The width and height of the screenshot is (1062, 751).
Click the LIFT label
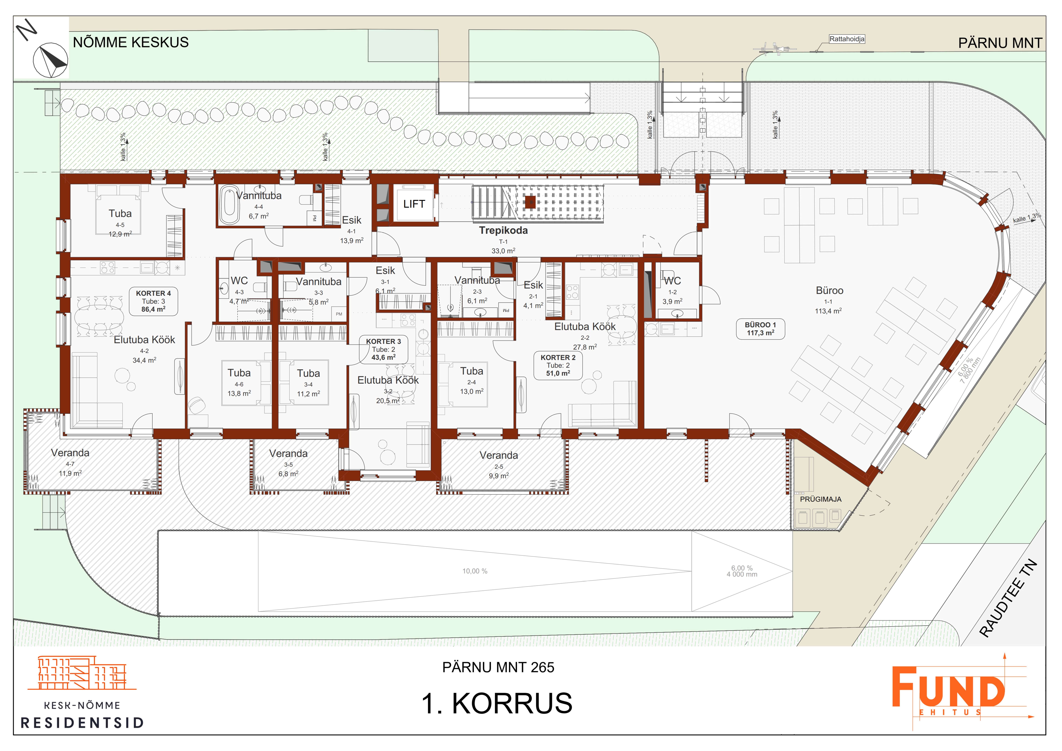pos(414,204)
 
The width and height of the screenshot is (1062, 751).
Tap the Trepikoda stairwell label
pos(503,230)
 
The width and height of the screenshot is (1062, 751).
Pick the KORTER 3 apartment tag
pos(383,349)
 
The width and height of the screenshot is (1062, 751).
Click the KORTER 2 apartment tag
pos(558,365)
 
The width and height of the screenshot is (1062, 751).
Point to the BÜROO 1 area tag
pos(760,329)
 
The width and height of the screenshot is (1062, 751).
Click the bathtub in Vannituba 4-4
pos(229,205)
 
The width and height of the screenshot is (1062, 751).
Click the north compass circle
pos(50,60)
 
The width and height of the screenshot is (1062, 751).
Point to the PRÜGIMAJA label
pos(821,499)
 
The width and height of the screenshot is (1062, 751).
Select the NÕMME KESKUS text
pos(131,43)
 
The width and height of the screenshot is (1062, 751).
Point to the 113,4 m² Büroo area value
pos(828,311)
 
